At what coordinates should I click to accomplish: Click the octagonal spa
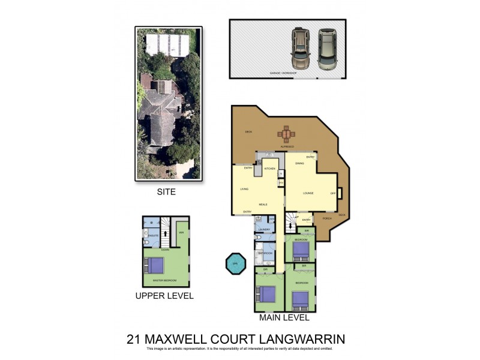tap(235, 264)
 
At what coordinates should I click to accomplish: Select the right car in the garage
tap(328, 48)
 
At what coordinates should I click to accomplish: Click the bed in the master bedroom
tap(155, 265)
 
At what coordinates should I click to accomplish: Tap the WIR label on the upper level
tap(181, 233)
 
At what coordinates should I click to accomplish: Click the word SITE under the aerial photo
tap(167, 192)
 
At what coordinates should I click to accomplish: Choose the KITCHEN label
tap(269, 169)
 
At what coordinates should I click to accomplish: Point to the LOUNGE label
tap(308, 193)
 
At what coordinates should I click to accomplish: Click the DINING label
tap(299, 163)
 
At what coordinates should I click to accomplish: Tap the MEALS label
tap(263, 205)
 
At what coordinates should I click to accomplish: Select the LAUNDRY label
tap(265, 229)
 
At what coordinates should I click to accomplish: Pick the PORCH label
tap(327, 218)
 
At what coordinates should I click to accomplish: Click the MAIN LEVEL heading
tap(284, 317)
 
